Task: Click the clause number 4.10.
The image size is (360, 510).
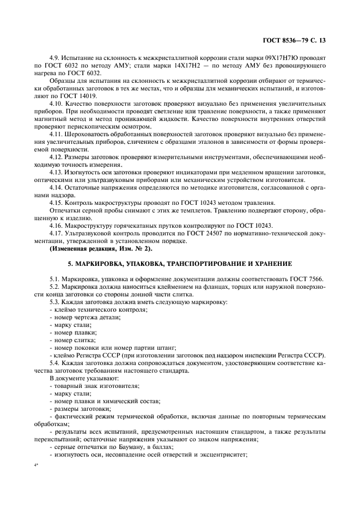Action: (56, 102)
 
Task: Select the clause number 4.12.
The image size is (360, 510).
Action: (56, 156)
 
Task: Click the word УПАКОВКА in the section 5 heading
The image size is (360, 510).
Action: (148, 263)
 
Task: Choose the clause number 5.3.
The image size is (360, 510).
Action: (54, 301)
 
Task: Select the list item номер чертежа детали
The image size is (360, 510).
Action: (87, 317)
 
